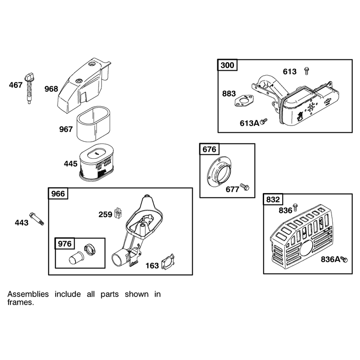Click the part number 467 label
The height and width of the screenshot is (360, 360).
pos(16,85)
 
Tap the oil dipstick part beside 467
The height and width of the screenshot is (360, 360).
pos(29,88)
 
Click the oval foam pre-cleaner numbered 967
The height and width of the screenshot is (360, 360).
pos(94,124)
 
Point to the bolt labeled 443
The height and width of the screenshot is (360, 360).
pos(37,219)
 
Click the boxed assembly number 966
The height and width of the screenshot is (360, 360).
pos(58,193)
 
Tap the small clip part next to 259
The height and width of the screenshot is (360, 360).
pos(118,213)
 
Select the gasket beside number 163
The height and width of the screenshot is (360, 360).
pos(168,261)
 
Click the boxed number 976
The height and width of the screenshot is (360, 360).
pos(65,243)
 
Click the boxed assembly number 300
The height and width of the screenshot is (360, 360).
pos(227,65)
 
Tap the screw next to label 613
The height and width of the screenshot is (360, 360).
pos(306,71)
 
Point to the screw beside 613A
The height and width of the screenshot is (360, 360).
pos(264,121)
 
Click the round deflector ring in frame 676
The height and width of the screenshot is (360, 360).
pos(219,170)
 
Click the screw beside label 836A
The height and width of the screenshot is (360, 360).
pos(344,259)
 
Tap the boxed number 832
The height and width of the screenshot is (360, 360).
pos(273,199)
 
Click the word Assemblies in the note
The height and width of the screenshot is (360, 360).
pos(28,294)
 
